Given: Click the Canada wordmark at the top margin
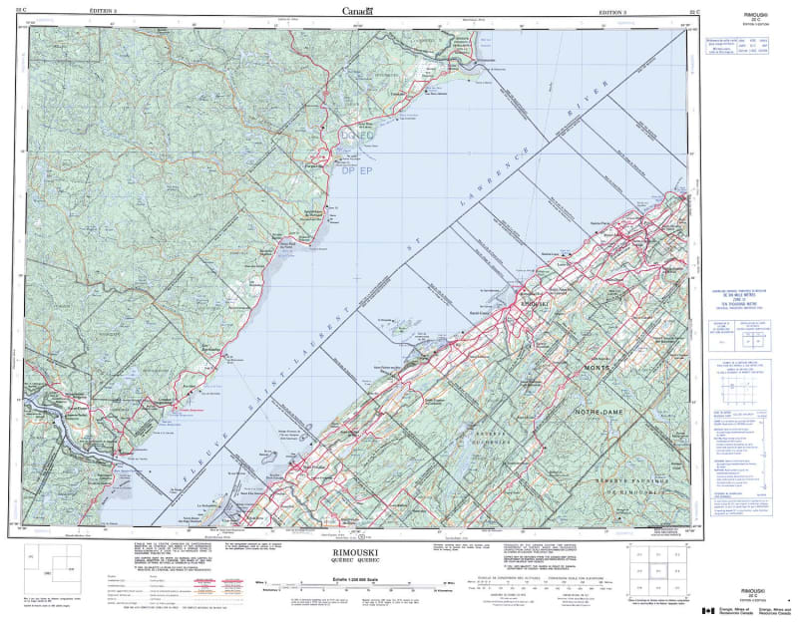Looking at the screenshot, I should (356, 12).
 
